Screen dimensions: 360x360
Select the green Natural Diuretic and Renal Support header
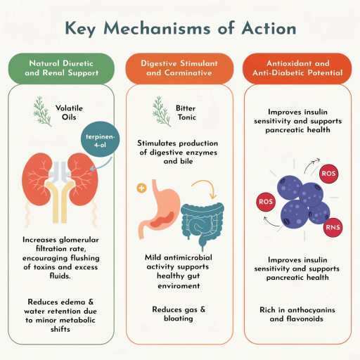tap(61, 68)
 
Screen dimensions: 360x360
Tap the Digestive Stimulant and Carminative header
tap(179, 68)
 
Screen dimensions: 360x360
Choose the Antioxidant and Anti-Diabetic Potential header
tap(297, 68)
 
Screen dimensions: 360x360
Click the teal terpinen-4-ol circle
tap(100, 139)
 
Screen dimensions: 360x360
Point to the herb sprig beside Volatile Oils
tap(42, 111)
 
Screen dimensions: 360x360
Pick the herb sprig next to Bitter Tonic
tap(161, 111)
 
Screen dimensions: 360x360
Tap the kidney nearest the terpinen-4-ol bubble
tap(83, 179)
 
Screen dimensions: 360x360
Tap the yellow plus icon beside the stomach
tap(141, 188)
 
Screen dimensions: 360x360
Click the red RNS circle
tap(333, 227)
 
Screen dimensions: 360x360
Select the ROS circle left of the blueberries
tap(266, 202)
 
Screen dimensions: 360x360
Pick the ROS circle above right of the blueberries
tap(328, 174)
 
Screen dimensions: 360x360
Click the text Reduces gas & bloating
tap(179, 314)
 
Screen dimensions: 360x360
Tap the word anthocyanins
tap(311, 310)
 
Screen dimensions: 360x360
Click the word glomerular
tap(79, 240)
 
